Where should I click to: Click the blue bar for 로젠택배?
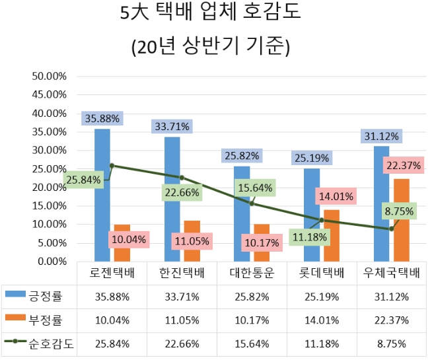(x=102, y=198)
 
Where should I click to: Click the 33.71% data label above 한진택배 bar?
(x=172, y=126)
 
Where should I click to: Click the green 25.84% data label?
(x=84, y=179)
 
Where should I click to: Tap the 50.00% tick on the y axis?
(x=50, y=76)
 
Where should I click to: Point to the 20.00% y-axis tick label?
(x=50, y=188)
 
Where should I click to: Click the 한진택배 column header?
(x=182, y=273)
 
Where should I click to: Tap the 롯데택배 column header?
(x=322, y=273)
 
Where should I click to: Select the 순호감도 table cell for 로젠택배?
(x=112, y=344)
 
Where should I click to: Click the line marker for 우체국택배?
(x=391, y=229)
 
